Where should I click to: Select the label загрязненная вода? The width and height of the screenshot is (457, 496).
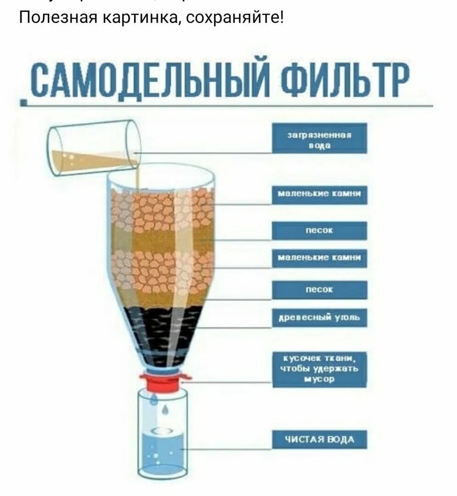click(320, 138)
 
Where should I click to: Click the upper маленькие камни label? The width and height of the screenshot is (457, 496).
click(320, 195)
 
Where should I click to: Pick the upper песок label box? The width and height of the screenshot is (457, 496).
click(320, 231)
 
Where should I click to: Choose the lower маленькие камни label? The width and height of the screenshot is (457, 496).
click(320, 258)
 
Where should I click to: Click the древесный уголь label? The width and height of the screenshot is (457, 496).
click(320, 317)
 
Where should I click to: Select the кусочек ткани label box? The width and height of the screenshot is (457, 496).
click(320, 369)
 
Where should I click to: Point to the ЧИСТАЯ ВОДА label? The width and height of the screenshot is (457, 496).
click(320, 440)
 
